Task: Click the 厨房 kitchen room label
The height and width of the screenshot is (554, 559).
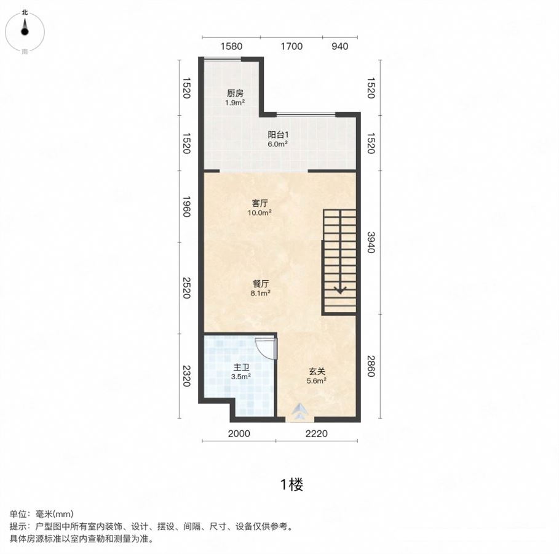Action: [235, 94]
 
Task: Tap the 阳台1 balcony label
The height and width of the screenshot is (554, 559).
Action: [278, 135]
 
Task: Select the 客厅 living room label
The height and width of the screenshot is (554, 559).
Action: [260, 204]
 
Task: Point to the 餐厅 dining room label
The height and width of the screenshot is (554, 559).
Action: [261, 284]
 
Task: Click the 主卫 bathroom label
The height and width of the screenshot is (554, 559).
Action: [241, 367]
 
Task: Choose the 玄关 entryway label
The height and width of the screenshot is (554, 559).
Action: [317, 372]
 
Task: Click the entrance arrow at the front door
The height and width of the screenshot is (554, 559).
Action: [299, 411]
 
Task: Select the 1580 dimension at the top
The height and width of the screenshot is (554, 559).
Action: [231, 46]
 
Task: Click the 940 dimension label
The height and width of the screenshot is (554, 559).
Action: [339, 46]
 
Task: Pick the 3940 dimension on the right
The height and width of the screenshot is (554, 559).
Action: [371, 243]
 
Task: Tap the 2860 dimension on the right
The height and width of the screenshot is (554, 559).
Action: [371, 366]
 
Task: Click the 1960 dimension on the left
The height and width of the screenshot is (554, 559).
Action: [186, 206]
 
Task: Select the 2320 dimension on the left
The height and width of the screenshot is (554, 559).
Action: [186, 376]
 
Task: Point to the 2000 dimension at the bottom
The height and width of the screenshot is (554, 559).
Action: [239, 434]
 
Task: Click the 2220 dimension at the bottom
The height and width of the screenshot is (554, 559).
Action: [316, 434]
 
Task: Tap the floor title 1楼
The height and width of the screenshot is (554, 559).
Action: [291, 485]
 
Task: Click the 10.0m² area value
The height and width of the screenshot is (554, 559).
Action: [260, 213]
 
